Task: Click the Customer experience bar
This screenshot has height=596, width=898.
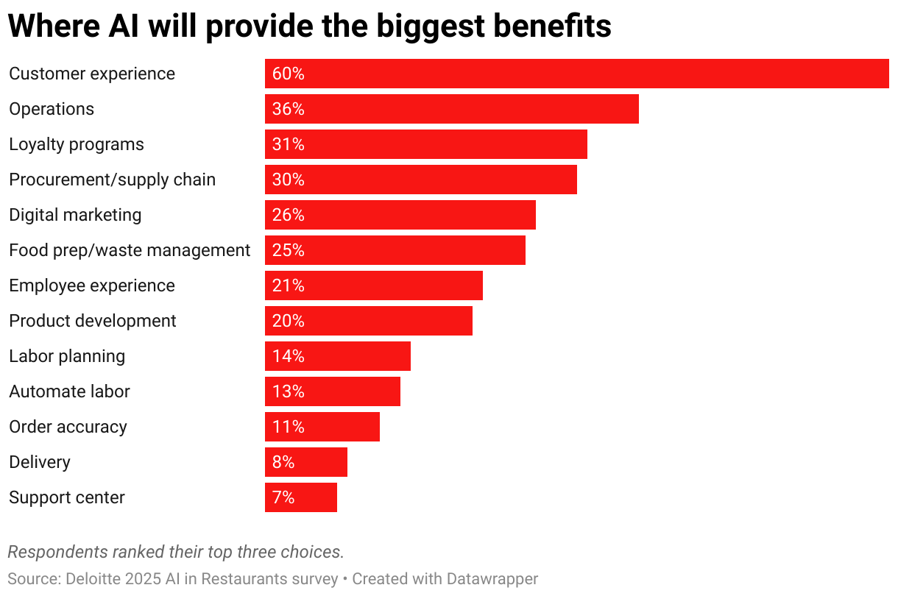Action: [576, 74]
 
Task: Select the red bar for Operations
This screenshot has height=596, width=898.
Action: [451, 109]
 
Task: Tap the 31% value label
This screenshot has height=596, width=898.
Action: [288, 144]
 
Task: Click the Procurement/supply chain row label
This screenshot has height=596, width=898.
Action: [112, 180]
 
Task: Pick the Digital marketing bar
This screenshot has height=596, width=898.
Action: [400, 215]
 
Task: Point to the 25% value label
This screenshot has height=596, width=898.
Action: [288, 250]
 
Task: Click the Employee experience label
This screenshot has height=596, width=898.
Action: [92, 285]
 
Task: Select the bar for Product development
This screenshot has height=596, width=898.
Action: [368, 321]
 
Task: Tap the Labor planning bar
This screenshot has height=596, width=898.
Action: [337, 356]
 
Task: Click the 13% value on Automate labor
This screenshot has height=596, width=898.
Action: [288, 391]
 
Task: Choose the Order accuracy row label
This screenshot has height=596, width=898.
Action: [68, 427]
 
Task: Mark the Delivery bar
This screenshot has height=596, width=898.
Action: [305, 462]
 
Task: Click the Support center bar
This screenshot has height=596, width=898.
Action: [300, 497]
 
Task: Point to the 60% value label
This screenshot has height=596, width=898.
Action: [288, 74]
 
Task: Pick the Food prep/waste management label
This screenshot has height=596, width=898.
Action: [130, 250]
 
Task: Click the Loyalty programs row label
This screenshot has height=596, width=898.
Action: [77, 144]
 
